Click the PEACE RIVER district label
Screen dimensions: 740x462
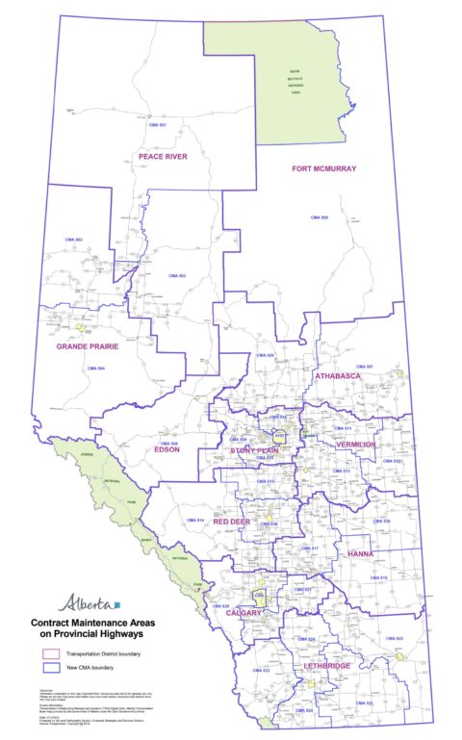[x=162, y=156]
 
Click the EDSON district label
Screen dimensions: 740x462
[x=168, y=448]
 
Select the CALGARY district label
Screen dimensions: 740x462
[x=244, y=612]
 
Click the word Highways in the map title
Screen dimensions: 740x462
[x=132, y=634]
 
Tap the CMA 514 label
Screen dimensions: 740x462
[x=196, y=520]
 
